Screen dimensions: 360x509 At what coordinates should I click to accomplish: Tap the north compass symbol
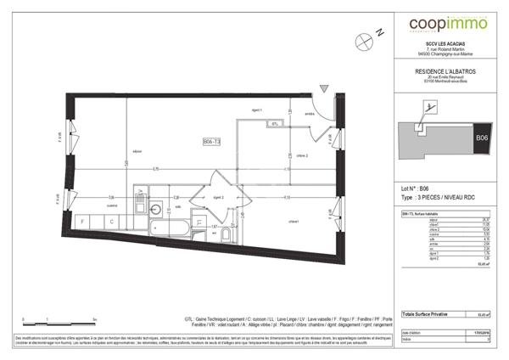[365, 37]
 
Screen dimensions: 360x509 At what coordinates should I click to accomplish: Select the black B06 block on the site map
[481, 138]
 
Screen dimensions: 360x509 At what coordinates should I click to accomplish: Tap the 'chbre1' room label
[294, 222]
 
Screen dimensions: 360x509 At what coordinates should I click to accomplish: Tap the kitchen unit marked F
[82, 222]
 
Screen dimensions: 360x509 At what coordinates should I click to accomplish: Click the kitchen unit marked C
[111, 222]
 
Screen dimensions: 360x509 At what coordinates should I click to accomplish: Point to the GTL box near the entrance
[275, 125]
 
